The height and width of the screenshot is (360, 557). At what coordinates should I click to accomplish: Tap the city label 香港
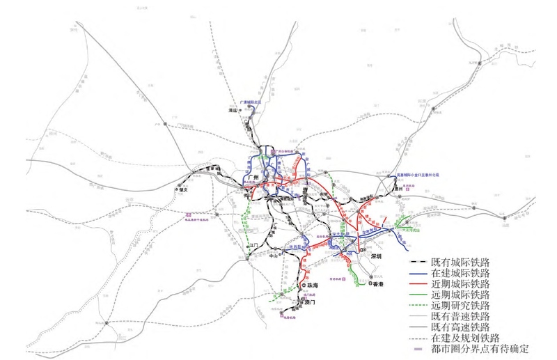point(378,284)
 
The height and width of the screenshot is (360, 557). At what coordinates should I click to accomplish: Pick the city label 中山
point(274,256)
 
